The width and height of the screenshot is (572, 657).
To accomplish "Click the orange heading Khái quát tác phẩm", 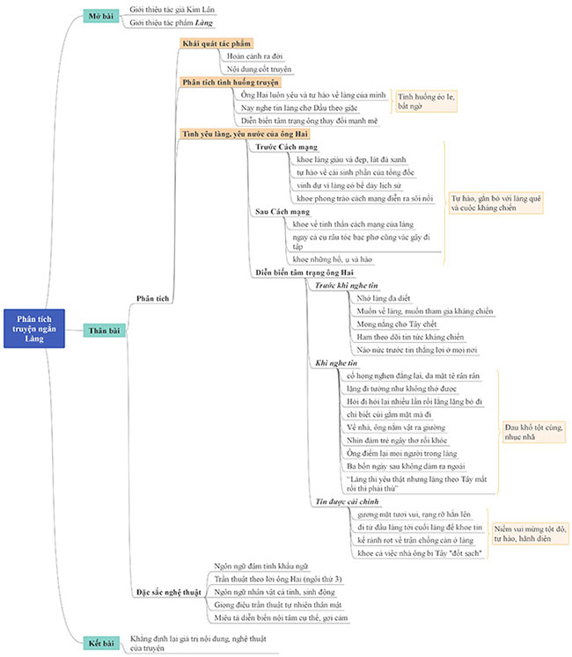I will click(216, 43).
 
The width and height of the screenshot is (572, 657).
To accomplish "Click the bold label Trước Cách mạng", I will click(286, 147).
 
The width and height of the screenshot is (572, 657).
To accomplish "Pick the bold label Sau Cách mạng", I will click(281, 212).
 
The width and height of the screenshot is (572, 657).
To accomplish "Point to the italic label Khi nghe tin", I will click(336, 362).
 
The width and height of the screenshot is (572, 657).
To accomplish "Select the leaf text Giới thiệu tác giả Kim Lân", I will click(172, 9).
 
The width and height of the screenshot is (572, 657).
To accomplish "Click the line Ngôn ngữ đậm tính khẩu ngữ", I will click(260, 566).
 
